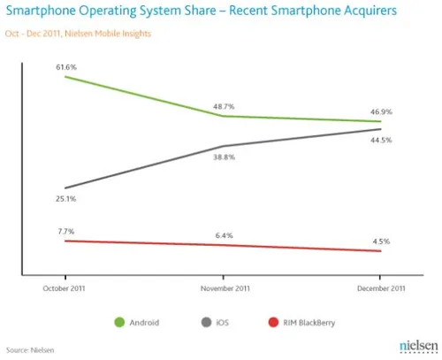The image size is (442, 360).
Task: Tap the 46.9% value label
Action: [382, 111]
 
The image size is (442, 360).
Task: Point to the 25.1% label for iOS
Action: [66, 199]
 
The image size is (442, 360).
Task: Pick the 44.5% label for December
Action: [382, 140]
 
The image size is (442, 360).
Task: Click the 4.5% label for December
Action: [382, 241]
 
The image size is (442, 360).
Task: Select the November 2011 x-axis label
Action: [224, 287]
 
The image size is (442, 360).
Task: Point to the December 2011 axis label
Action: [381, 287]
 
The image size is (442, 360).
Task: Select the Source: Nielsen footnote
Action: [31, 350]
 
